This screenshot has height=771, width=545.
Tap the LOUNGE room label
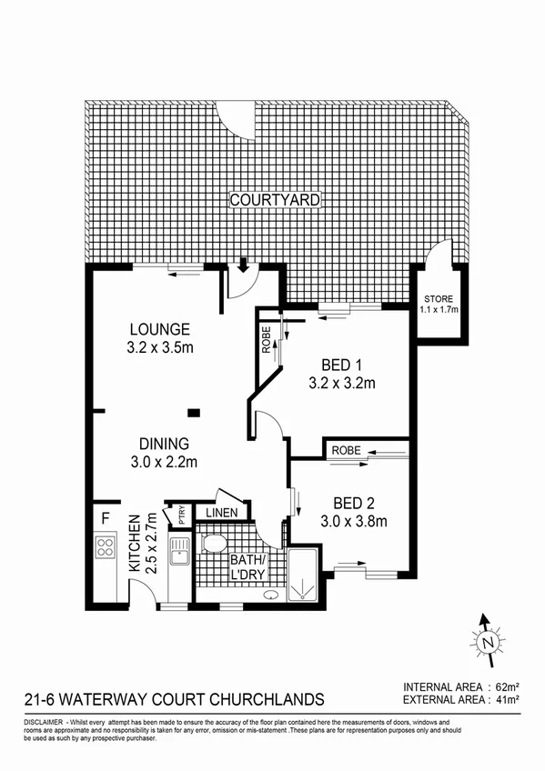pos(159,329)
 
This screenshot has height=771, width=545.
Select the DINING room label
pos(164,445)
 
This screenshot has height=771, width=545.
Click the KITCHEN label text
pos(134,542)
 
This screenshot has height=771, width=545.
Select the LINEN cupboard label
pos(222,513)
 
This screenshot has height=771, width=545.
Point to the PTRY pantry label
pos(181,516)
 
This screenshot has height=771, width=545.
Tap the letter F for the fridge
pos(106,519)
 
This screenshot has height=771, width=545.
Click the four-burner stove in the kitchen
pos(106,547)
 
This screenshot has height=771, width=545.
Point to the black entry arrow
pos(243,265)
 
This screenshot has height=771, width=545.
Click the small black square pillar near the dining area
pos(193,413)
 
